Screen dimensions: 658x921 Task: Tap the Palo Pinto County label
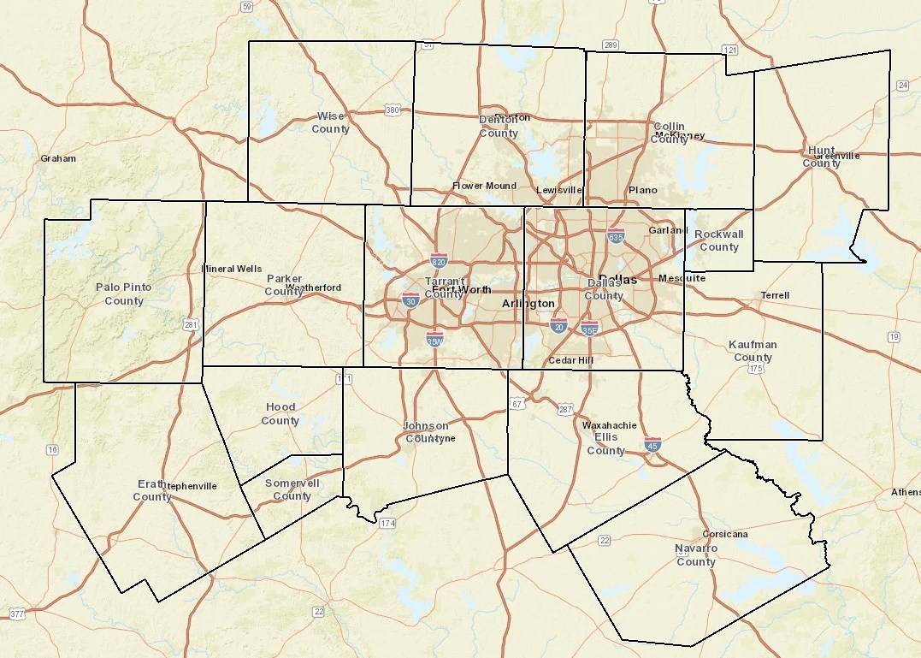[x=124, y=293]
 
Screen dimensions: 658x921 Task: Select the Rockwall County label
[x=718, y=240]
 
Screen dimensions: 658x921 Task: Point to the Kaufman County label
[x=753, y=351]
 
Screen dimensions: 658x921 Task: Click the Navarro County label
[x=696, y=554]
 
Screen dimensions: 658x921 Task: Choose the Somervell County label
[x=292, y=489]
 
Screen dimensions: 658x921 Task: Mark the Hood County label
[x=280, y=413]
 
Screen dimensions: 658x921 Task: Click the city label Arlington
[x=528, y=304]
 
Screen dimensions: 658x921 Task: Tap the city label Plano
[x=643, y=190]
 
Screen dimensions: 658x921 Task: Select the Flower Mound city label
[x=484, y=186]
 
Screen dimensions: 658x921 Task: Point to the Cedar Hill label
[x=570, y=360]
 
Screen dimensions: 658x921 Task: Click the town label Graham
[x=58, y=158]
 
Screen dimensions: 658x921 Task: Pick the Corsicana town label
[x=724, y=534]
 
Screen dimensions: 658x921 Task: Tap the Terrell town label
[x=775, y=295]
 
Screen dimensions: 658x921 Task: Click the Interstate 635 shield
[x=616, y=236]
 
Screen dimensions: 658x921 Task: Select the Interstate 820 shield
[x=439, y=261]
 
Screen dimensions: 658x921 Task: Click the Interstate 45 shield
[x=652, y=443]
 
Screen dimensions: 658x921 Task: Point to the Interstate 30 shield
[x=410, y=300]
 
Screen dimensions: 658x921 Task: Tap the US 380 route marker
[x=393, y=110]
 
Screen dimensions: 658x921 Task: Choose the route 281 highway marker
[x=192, y=324]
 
